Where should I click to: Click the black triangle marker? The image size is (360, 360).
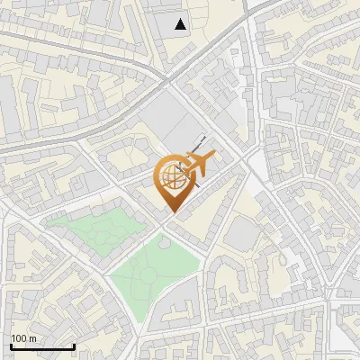click(x=181, y=24)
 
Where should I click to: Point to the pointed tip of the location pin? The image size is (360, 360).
click(x=171, y=212)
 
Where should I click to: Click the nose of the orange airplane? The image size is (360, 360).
click(x=215, y=155)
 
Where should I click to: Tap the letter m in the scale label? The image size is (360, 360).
click(x=32, y=338)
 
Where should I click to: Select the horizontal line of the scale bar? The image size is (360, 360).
click(x=42, y=346)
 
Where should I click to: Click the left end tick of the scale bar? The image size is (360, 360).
click(x=11, y=345)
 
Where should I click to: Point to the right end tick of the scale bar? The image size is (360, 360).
click(x=74, y=345)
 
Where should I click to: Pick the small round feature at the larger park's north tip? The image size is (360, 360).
click(x=164, y=240)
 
